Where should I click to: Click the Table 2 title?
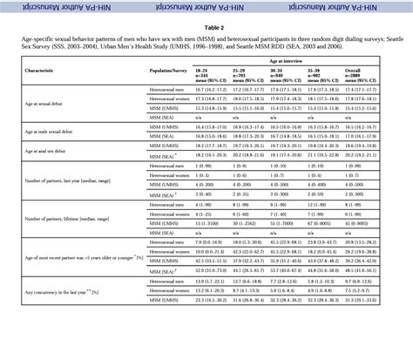coord(206,27)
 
